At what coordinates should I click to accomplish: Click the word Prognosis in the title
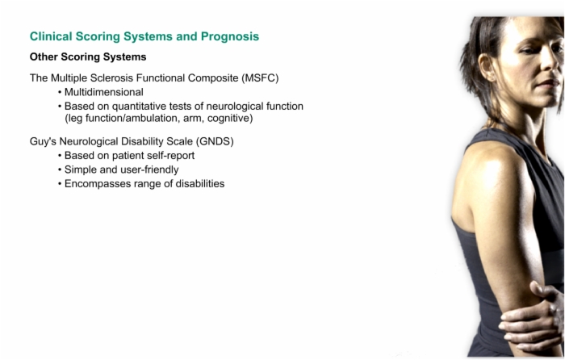[230, 37]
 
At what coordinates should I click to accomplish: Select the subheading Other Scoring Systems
[88, 57]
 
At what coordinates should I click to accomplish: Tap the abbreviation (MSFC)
[260, 77]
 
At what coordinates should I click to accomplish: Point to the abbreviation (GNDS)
[215, 141]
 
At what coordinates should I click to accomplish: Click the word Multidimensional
[104, 92]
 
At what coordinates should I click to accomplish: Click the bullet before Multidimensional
[60, 93]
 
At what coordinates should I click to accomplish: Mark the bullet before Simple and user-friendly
[60, 170]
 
